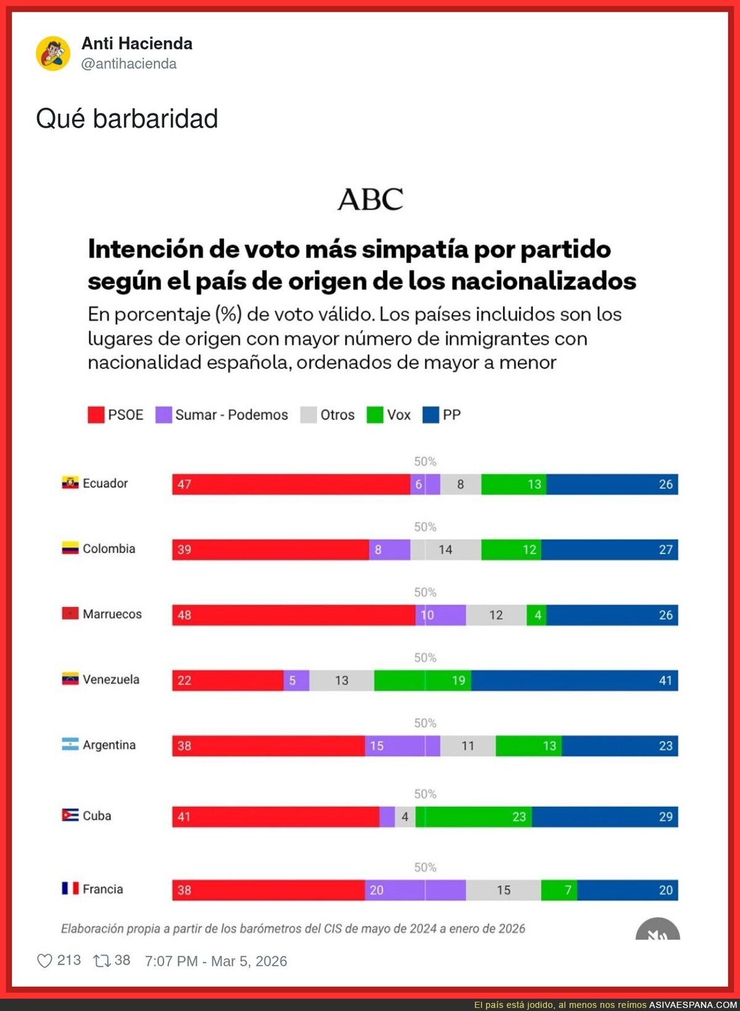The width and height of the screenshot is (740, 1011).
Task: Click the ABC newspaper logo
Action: point(370,199)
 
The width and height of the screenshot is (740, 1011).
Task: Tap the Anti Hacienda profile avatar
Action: point(53,53)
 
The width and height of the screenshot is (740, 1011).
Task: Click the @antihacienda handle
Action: point(129,63)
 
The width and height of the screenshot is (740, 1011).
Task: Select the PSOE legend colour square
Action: point(96,415)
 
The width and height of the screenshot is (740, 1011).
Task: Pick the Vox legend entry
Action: point(388,415)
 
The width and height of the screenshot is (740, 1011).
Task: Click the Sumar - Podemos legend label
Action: point(231,415)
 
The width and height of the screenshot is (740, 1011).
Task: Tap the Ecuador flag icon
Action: point(70,483)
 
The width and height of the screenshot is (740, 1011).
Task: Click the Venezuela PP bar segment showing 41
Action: point(573,681)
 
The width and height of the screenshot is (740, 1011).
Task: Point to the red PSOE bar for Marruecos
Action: point(294,615)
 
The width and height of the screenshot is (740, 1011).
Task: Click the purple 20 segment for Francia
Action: point(415,890)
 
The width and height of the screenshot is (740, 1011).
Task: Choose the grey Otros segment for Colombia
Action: point(445,550)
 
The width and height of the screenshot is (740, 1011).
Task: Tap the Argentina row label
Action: point(109,745)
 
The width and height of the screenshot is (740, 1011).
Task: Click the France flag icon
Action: point(70,888)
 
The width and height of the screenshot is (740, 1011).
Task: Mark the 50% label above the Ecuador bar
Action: point(425,462)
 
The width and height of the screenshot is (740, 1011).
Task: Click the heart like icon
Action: point(44,961)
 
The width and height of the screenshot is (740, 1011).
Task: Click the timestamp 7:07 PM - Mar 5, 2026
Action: point(216,961)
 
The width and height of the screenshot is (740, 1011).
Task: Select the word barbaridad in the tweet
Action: point(155,119)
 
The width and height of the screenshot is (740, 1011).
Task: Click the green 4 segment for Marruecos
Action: point(536,615)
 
